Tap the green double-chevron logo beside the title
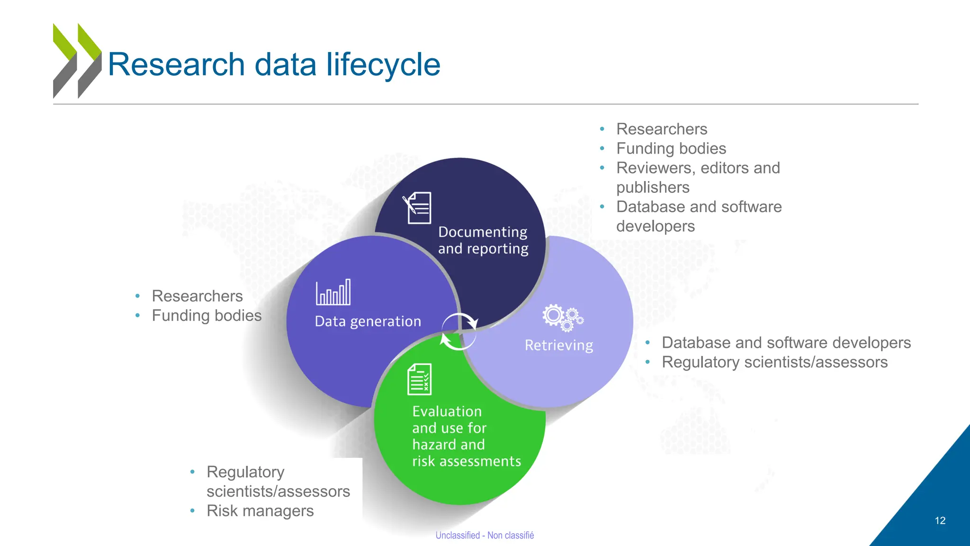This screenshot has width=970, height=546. click(x=77, y=61)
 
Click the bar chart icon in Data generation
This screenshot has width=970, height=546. click(x=333, y=292)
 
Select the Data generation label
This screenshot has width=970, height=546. click(x=368, y=321)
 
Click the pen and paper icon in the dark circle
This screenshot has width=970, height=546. click(x=417, y=208)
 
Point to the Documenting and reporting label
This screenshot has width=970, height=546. click(x=483, y=240)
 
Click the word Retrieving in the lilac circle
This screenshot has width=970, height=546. click(x=558, y=345)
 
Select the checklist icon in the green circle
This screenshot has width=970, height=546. click(x=420, y=379)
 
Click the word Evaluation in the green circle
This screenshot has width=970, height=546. click(x=447, y=411)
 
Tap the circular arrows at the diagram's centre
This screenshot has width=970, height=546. click(x=459, y=331)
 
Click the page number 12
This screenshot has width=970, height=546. click(x=940, y=520)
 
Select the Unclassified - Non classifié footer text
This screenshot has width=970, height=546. click(x=485, y=535)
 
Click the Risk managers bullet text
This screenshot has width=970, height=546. click(x=260, y=511)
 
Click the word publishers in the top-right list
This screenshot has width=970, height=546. click(x=653, y=188)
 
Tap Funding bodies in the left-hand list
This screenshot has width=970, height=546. click(x=207, y=316)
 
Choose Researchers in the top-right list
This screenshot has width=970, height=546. click(x=661, y=129)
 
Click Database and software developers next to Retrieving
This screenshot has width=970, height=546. click(x=786, y=343)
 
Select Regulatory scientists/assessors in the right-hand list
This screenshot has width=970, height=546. click(x=774, y=362)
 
